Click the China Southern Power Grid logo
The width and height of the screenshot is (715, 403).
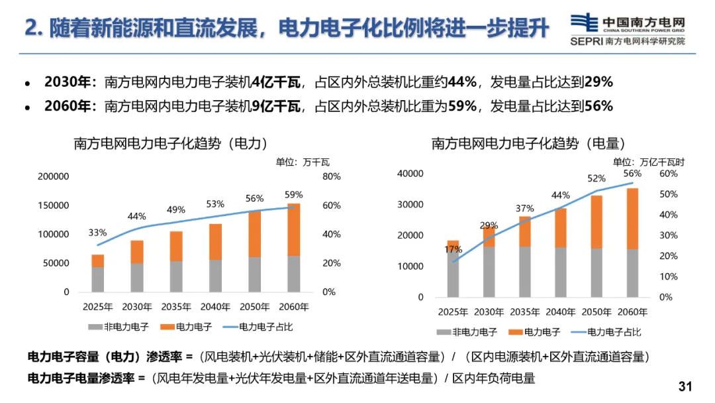(x=628, y=30)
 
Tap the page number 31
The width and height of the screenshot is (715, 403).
(x=685, y=386)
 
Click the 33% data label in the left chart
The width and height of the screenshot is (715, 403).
(x=97, y=233)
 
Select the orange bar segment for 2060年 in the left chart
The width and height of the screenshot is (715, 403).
(x=294, y=229)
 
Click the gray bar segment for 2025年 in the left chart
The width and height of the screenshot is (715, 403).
(x=97, y=279)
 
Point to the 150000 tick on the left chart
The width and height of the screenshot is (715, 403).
(x=54, y=205)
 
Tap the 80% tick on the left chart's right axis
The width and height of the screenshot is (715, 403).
(x=332, y=176)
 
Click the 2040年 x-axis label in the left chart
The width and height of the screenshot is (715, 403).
(x=215, y=307)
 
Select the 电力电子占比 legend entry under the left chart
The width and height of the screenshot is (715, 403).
(x=258, y=327)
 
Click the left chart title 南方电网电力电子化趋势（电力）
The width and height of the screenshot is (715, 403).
(x=171, y=143)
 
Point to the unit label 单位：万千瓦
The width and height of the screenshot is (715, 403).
(x=303, y=162)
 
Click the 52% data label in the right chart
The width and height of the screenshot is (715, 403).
(x=596, y=178)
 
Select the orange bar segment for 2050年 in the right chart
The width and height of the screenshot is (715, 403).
(x=596, y=222)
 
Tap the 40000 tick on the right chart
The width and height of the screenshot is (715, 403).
(x=410, y=174)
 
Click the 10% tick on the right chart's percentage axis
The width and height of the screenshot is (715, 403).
(x=668, y=276)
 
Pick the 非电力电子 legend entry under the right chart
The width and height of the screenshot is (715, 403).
(x=467, y=332)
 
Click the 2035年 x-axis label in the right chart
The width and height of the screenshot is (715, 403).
(x=524, y=312)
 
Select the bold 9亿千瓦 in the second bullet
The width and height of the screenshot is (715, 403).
(x=276, y=106)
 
